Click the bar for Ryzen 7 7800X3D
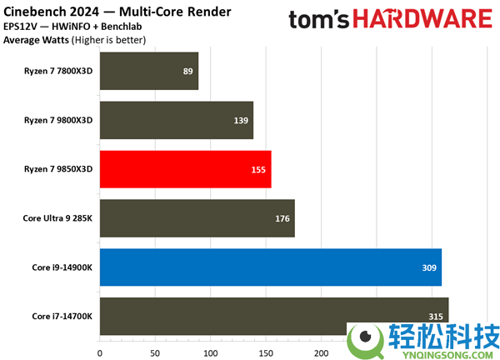[x=149, y=71]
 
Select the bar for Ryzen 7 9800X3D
[x=177, y=120]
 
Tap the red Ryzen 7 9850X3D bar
[x=185, y=169]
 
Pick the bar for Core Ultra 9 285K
[x=197, y=218]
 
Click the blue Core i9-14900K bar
[x=270, y=267]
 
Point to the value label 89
[x=188, y=72]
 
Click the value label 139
[x=242, y=121]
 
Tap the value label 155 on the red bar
[x=259, y=170]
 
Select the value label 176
[x=282, y=219]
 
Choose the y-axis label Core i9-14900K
[x=62, y=267]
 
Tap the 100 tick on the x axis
[x=210, y=352]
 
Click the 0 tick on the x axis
[x=100, y=352]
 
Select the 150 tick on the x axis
[x=265, y=352]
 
